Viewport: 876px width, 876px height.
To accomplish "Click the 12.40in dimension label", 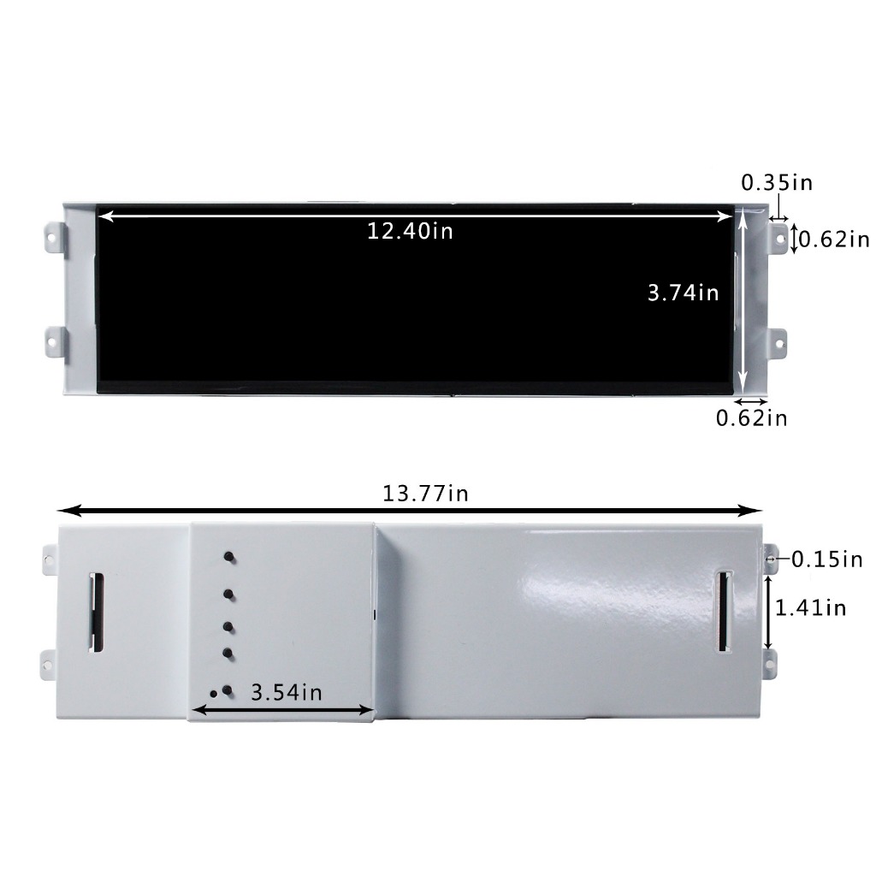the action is tap(410, 231).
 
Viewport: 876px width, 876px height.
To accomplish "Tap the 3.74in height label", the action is tap(683, 293).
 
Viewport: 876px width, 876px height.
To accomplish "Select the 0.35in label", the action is tap(777, 183).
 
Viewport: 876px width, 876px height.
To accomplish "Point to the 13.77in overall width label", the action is tap(425, 494).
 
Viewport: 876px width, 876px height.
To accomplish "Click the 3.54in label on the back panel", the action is tap(287, 692).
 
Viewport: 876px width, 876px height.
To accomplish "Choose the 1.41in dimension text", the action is tap(810, 607).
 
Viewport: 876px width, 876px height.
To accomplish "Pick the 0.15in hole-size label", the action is tap(827, 559).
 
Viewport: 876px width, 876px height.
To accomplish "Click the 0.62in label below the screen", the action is tap(751, 417).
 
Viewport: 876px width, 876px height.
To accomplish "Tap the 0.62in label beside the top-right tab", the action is tap(834, 240).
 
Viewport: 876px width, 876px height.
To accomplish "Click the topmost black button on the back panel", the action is tap(229, 557).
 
